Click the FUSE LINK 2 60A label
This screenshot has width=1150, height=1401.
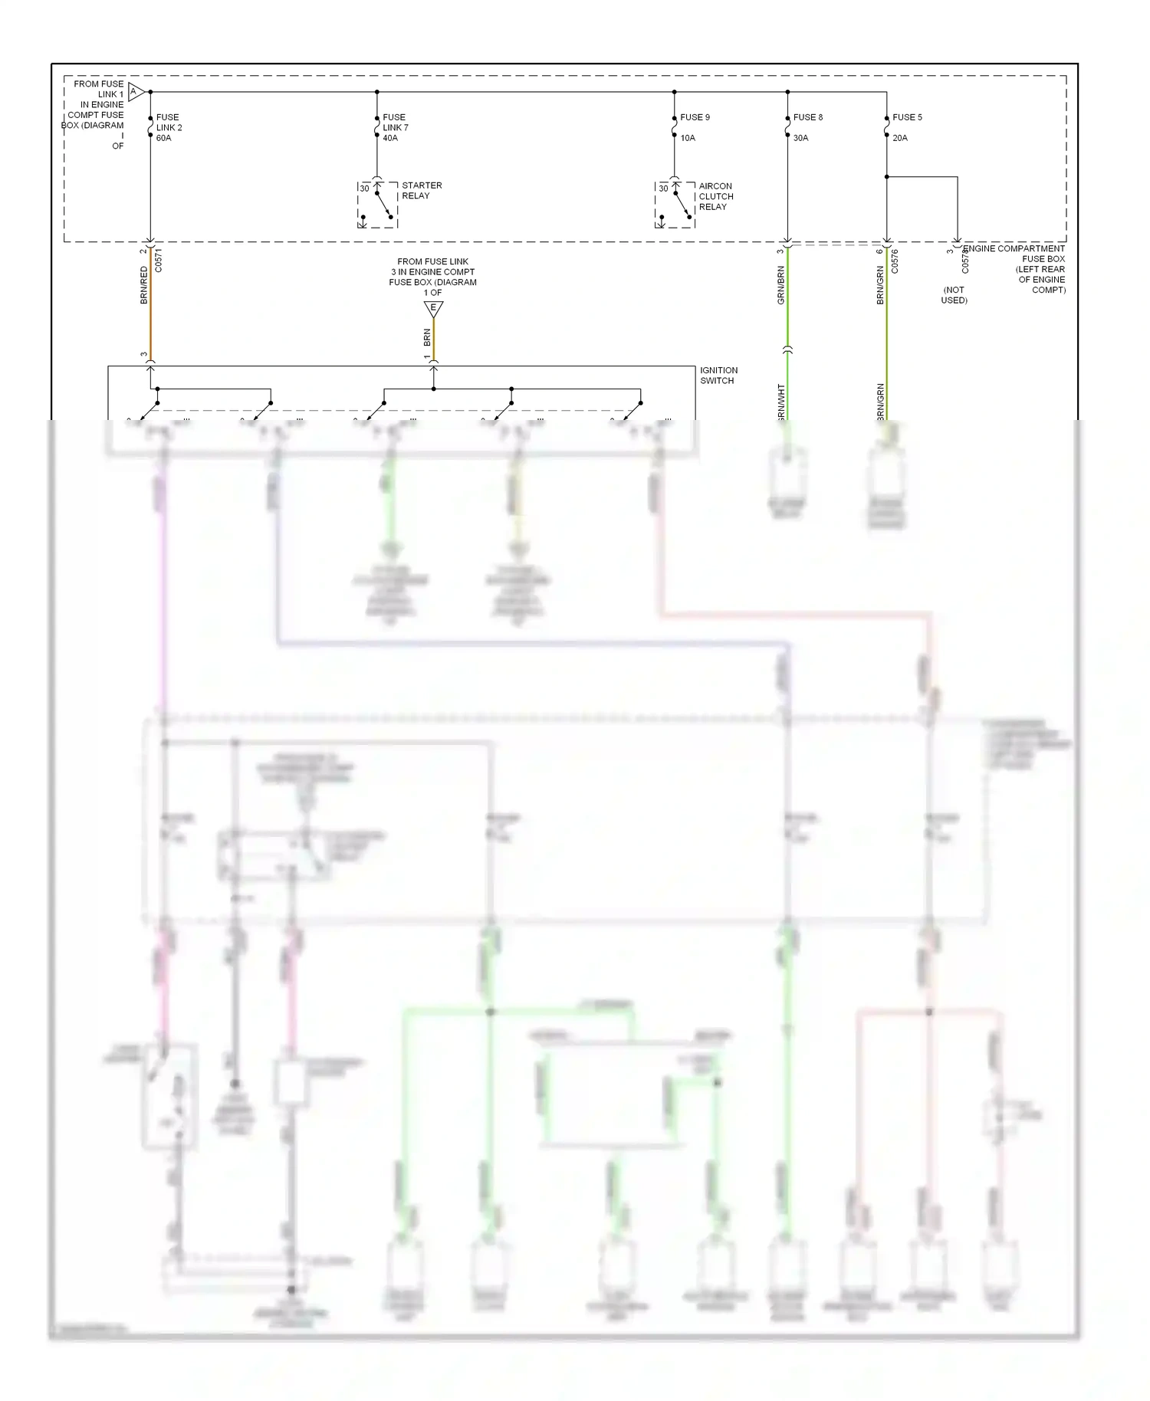tap(169, 127)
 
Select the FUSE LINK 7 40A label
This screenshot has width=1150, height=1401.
tap(395, 127)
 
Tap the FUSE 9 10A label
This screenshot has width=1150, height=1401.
tap(694, 127)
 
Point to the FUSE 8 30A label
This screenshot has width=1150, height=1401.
tap(807, 127)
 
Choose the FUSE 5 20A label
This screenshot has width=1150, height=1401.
tap(906, 127)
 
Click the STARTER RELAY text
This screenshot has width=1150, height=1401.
tap(421, 190)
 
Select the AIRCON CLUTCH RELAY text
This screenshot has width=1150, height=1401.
tap(715, 196)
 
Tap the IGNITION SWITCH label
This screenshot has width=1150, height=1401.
tap(718, 375)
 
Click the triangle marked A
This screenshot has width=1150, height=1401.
tap(135, 92)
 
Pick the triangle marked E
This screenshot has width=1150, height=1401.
tap(433, 308)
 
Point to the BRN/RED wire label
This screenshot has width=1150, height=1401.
tap(144, 285)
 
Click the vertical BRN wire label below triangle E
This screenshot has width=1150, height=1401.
tap(427, 337)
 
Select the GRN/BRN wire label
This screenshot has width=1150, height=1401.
tap(781, 285)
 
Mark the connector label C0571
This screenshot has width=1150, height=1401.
tap(159, 261)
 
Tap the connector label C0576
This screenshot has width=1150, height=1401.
tap(895, 261)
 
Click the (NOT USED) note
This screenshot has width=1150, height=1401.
tap(954, 295)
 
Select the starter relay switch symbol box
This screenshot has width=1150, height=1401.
tap(377, 205)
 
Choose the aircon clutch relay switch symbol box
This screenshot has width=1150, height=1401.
tap(675, 205)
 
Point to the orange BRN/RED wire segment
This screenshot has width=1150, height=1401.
tap(150, 307)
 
